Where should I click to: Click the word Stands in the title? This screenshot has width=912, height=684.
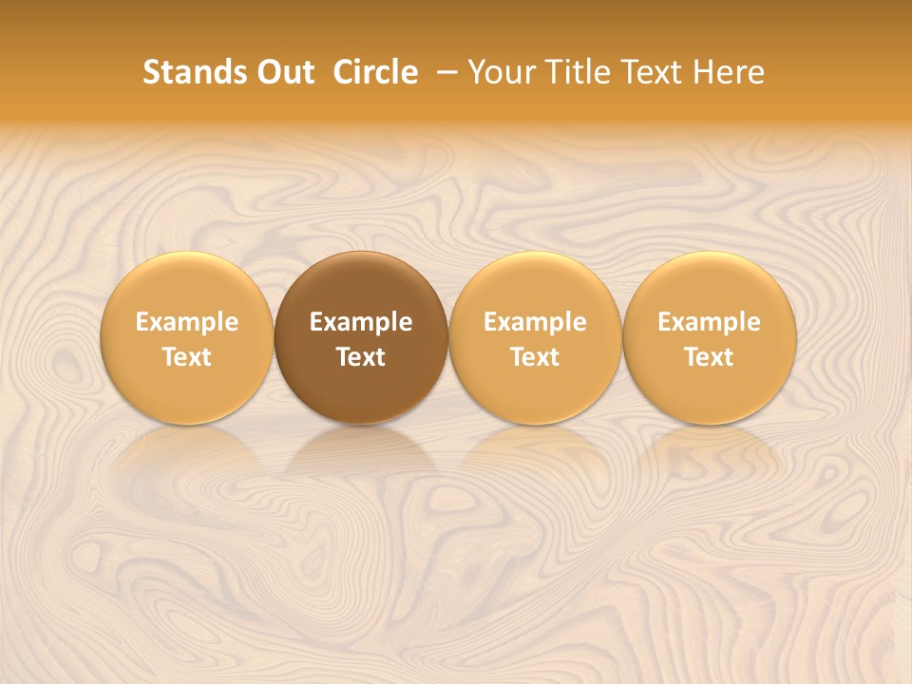(x=189, y=72)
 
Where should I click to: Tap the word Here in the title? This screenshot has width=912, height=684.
(x=728, y=72)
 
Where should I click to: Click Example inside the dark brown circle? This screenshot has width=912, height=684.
(x=361, y=322)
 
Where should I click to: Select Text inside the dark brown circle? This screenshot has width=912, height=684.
(x=361, y=357)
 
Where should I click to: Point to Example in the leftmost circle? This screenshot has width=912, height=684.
(x=187, y=322)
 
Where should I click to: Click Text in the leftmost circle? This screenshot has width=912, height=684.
(x=187, y=357)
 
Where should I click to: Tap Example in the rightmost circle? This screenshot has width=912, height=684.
(x=710, y=322)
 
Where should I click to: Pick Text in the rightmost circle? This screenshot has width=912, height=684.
(x=710, y=357)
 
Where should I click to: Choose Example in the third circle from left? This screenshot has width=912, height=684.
(x=535, y=322)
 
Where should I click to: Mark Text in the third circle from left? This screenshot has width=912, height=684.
(x=535, y=357)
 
